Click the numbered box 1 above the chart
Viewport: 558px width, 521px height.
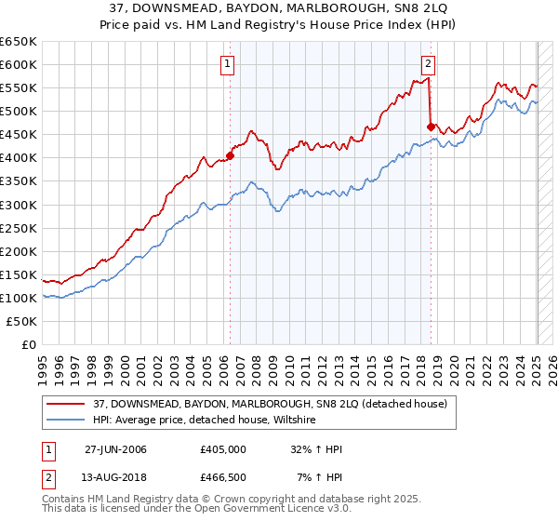tap(228, 64)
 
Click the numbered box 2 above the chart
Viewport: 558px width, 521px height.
tap(428, 64)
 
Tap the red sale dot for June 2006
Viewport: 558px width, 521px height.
tap(231, 156)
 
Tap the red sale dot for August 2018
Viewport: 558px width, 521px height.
tap(431, 127)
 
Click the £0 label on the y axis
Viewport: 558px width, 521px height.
tap(29, 344)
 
